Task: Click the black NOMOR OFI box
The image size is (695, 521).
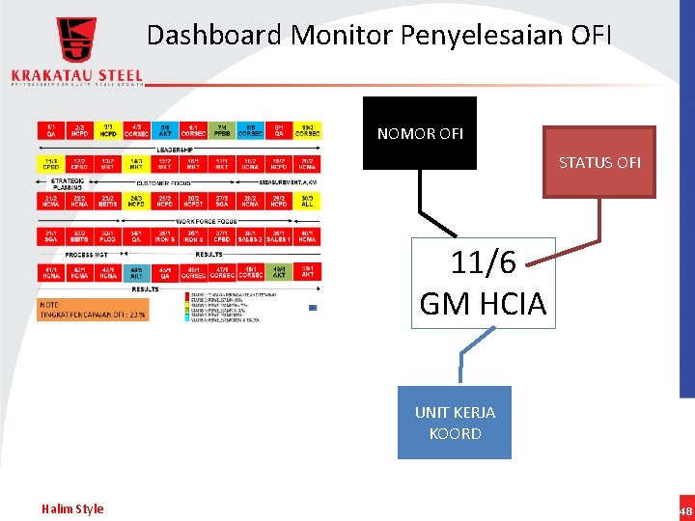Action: pos(419,133)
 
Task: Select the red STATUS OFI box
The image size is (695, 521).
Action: pos(598,162)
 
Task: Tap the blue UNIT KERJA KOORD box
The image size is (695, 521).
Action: pos(455,423)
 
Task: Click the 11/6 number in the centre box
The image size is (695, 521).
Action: pos(484,261)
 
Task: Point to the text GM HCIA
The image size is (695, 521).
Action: pos(483,304)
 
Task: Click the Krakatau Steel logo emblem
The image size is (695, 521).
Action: pos(76,41)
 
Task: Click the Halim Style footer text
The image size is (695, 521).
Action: pos(72,508)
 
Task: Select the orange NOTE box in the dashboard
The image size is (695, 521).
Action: pos(93,309)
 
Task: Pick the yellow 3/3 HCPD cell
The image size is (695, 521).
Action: pos(108,129)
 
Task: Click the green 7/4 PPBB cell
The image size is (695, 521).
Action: pos(222,129)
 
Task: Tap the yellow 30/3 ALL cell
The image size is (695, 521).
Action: pos(307,201)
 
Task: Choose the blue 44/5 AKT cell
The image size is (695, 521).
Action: pos(136,273)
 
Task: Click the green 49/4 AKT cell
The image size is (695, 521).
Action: pos(279,273)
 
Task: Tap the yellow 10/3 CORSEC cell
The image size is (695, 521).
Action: pos(307,129)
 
